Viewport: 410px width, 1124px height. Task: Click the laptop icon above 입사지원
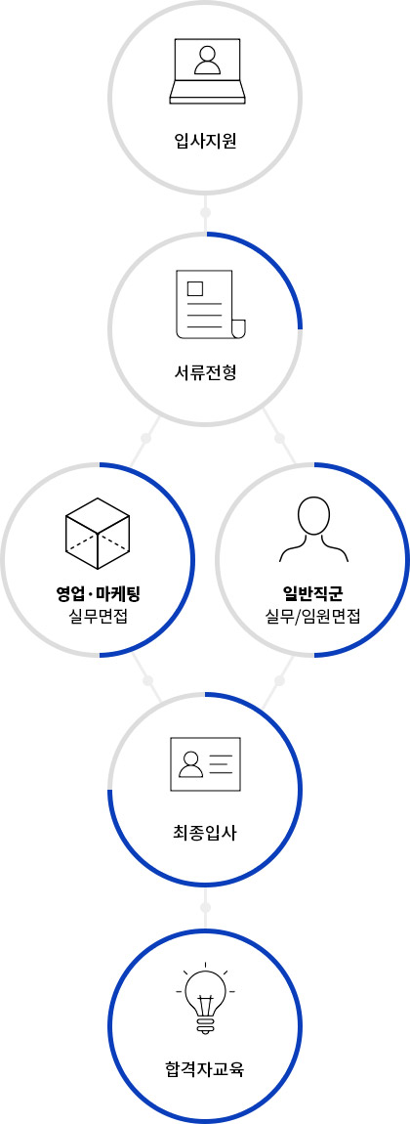(208, 71)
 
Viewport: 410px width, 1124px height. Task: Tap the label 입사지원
(205, 141)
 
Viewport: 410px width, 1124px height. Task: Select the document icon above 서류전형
(210, 304)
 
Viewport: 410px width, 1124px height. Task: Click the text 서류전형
(205, 372)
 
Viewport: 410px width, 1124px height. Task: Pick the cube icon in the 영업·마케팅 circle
(98, 534)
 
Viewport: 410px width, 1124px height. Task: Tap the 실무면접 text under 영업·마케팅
(98, 616)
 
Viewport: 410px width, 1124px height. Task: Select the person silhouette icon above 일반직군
(313, 529)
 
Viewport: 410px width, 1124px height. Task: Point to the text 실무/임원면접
(312, 616)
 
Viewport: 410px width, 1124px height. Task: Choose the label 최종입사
(205, 833)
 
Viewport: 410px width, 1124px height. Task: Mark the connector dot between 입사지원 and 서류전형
(205, 213)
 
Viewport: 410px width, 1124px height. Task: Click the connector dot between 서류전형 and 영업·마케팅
(146, 438)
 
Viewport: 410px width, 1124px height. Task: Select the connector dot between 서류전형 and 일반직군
(280, 438)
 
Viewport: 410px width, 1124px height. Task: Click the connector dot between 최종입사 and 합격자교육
(205, 907)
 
